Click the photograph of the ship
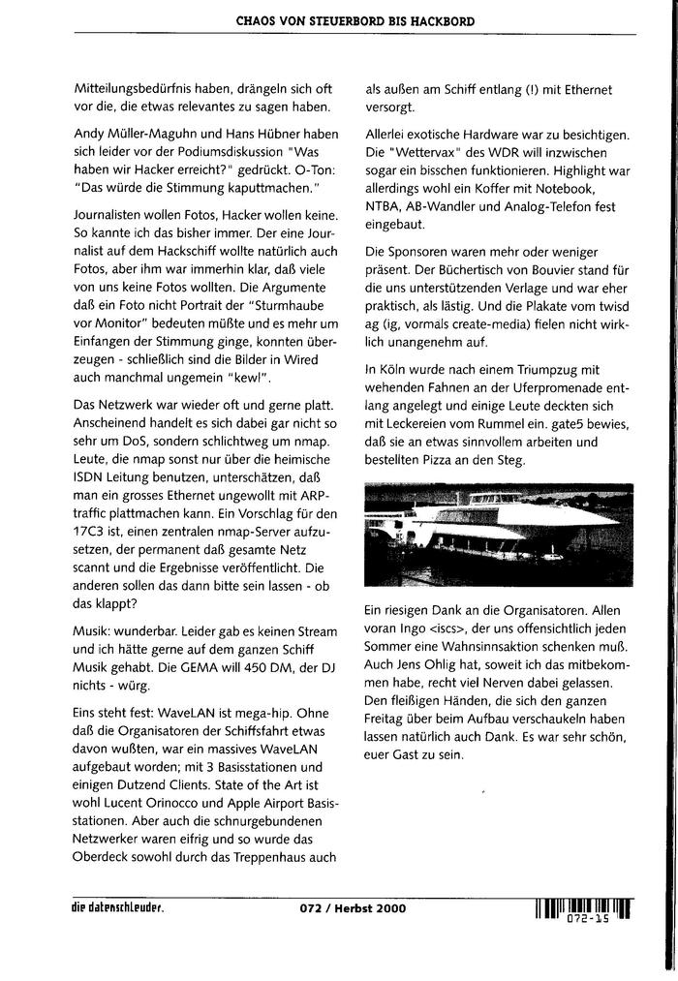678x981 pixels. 498,536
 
